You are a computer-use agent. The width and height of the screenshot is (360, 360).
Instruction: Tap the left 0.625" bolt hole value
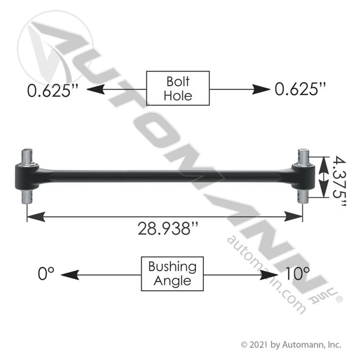(x=52, y=90)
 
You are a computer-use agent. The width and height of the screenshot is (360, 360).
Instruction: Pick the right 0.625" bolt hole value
(x=300, y=89)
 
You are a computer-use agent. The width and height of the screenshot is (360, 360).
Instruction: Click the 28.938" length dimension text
(x=167, y=228)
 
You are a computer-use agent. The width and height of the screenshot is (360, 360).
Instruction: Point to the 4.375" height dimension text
(x=339, y=181)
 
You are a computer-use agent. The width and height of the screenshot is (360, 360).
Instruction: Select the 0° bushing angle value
(x=46, y=273)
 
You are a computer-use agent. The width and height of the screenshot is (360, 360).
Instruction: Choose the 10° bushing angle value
(x=297, y=273)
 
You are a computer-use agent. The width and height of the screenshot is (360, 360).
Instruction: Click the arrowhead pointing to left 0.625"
(x=96, y=89)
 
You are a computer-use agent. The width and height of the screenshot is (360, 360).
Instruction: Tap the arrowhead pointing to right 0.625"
(x=261, y=89)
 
